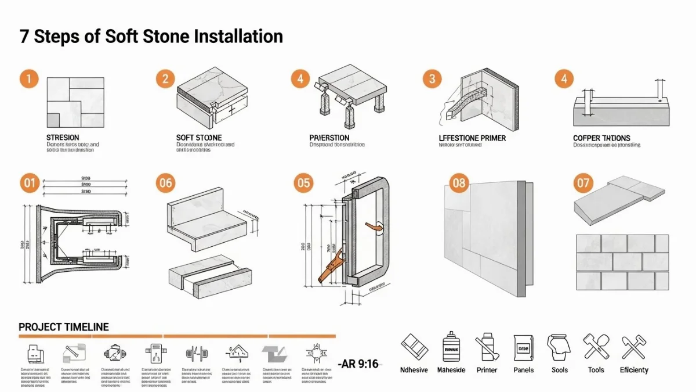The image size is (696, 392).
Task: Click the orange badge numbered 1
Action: pyautogui.click(x=29, y=79)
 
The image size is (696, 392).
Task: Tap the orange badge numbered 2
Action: pyautogui.click(x=165, y=79)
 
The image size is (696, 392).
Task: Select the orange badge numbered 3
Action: pyautogui.click(x=432, y=79)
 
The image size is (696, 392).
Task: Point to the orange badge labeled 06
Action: pyautogui.click(x=165, y=184)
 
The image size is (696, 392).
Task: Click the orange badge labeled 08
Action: pyautogui.click(x=459, y=184)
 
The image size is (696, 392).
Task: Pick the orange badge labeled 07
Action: pyautogui.click(x=583, y=184)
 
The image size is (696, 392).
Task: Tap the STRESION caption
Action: pyautogui.click(x=63, y=138)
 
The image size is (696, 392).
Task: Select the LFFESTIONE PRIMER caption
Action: pyautogui.click(x=472, y=138)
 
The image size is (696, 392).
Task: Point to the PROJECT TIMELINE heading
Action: pyautogui.click(x=64, y=327)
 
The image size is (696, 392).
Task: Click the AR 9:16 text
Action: pyautogui.click(x=359, y=364)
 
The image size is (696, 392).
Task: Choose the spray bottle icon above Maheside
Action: pyautogui.click(x=451, y=347)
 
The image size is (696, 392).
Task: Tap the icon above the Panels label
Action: pyautogui.click(x=523, y=348)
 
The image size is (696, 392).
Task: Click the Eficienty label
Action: pyautogui.click(x=634, y=370)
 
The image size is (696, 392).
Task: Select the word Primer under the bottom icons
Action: pyautogui.click(x=487, y=370)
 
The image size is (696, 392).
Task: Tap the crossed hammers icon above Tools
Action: pyautogui.click(x=596, y=347)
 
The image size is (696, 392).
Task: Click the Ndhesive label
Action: pyautogui.click(x=414, y=370)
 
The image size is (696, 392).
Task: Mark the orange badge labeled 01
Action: pyautogui.click(x=29, y=184)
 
